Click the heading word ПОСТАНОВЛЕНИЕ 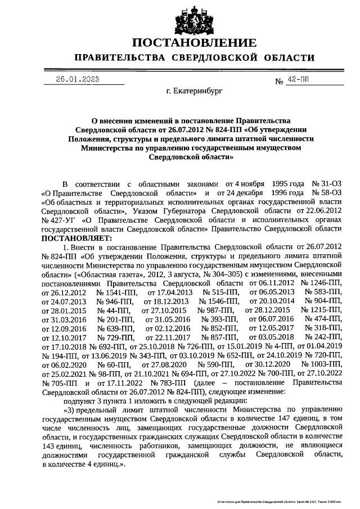[x=194, y=43]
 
